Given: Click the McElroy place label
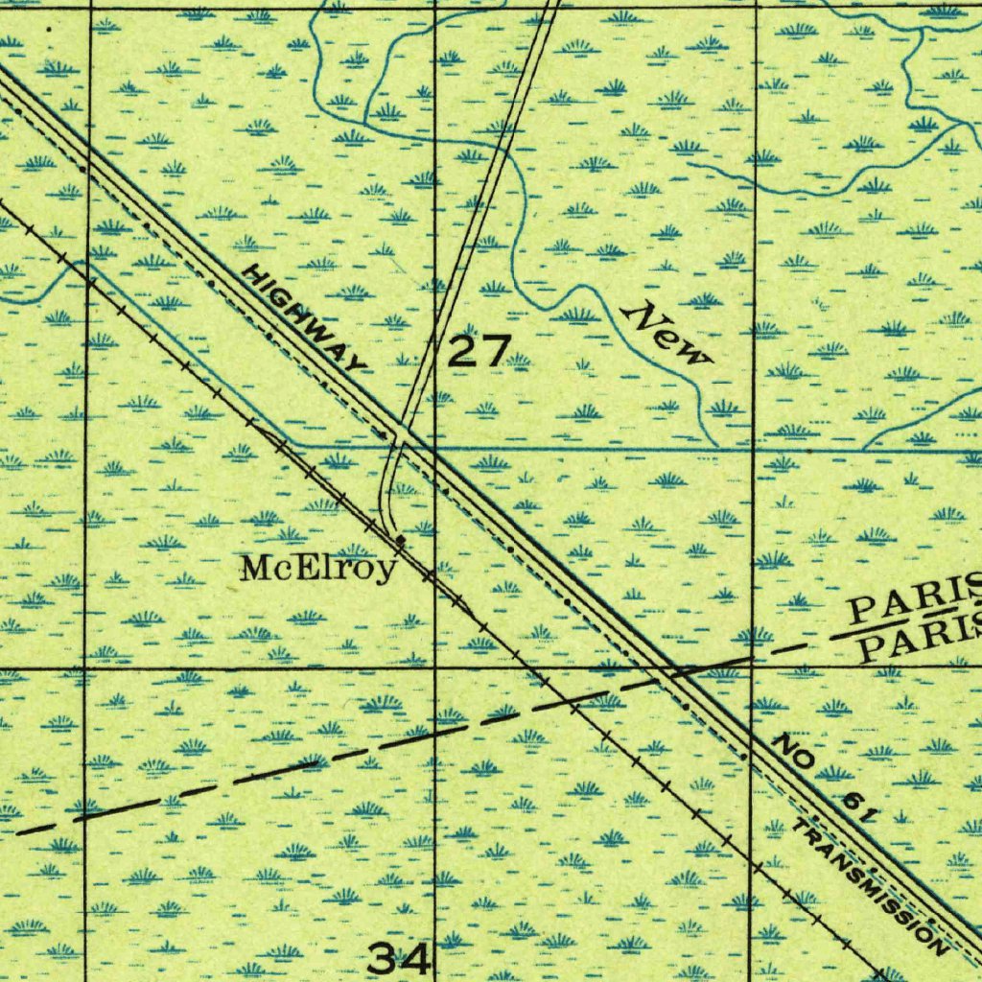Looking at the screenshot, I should point(317,570).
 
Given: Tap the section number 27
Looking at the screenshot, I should point(477,352).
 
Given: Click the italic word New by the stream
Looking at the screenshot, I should point(667,333).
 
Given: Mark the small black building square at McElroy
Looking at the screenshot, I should point(400,541).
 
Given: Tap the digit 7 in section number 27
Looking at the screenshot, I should point(492,352).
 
